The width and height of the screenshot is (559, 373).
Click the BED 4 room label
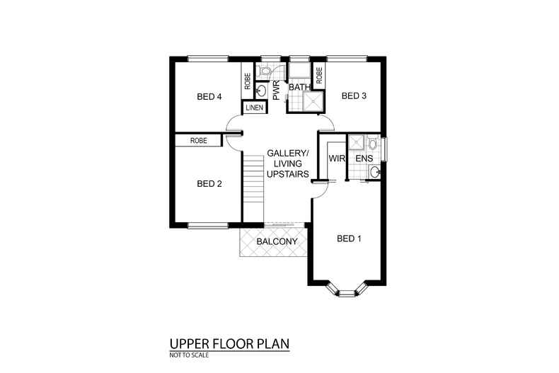[x=209, y=97]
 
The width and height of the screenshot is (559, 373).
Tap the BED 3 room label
[x=354, y=96]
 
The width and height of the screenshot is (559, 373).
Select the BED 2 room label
[x=209, y=183]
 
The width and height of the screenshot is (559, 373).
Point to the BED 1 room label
[x=349, y=239]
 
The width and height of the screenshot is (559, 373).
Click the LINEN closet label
[x=255, y=108]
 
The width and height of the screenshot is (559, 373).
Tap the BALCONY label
[x=277, y=241]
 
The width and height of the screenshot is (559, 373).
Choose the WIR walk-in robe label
[x=337, y=159]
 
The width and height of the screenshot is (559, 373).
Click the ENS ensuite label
[x=364, y=159]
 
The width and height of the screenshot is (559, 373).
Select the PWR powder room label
[x=276, y=90]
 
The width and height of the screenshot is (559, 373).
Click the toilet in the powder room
[x=264, y=71]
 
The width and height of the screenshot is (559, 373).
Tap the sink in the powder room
[x=261, y=91]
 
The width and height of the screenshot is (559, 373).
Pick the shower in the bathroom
[x=313, y=101]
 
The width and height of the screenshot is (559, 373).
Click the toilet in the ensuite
[x=373, y=143]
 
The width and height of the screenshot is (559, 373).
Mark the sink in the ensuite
[x=374, y=173]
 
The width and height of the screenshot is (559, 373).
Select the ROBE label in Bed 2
[x=199, y=141]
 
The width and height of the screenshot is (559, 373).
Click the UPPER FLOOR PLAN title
[x=229, y=344]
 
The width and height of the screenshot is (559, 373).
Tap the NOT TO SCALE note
[x=189, y=355]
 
